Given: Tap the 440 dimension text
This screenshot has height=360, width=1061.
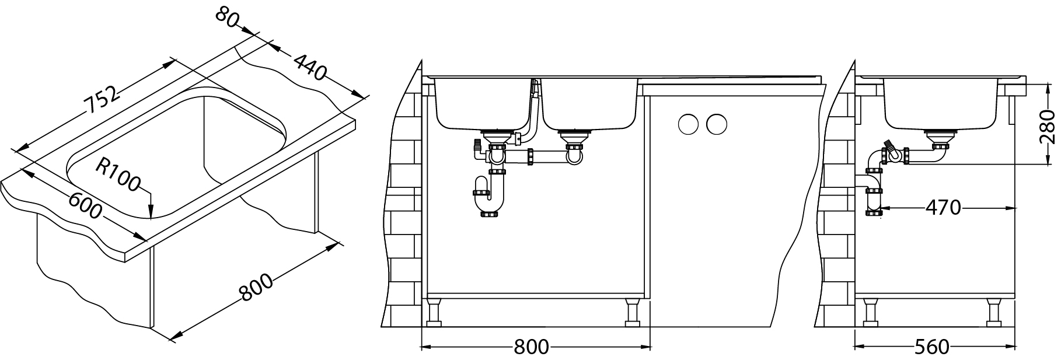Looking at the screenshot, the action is click(x=309, y=67).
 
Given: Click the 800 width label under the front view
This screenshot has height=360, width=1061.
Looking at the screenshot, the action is click(x=531, y=347).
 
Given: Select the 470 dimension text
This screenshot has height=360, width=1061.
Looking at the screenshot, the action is click(x=943, y=207).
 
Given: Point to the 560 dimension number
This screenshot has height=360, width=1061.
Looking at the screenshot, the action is click(x=931, y=347).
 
